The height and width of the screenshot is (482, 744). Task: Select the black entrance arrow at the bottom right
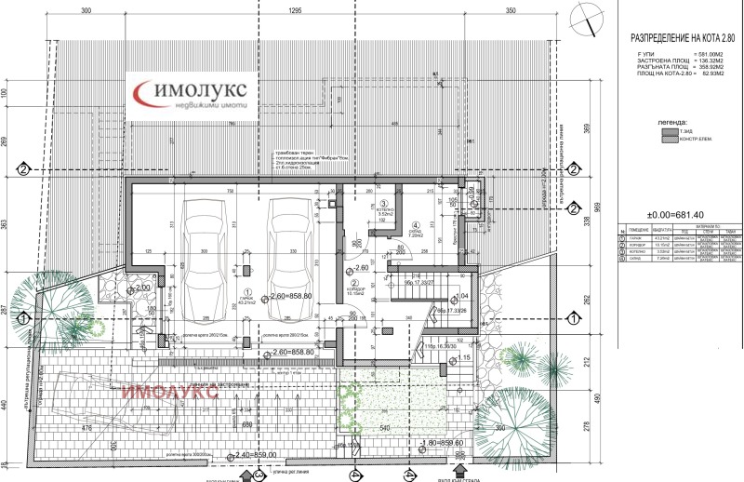tap(460, 474)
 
